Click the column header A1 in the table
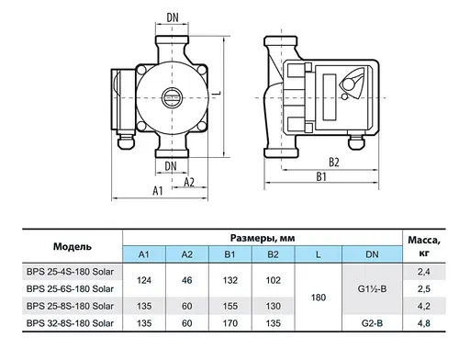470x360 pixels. click(142, 253)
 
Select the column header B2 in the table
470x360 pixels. click(274, 253)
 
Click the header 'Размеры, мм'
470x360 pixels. click(261, 236)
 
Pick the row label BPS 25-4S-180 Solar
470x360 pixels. click(72, 272)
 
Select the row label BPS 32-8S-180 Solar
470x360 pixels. click(72, 322)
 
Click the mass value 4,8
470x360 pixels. click(423, 322)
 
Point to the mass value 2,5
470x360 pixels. click(423, 288)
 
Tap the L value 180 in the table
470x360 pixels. click(318, 297)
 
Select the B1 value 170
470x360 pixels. click(230, 322)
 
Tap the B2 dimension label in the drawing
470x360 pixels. click(334, 163)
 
